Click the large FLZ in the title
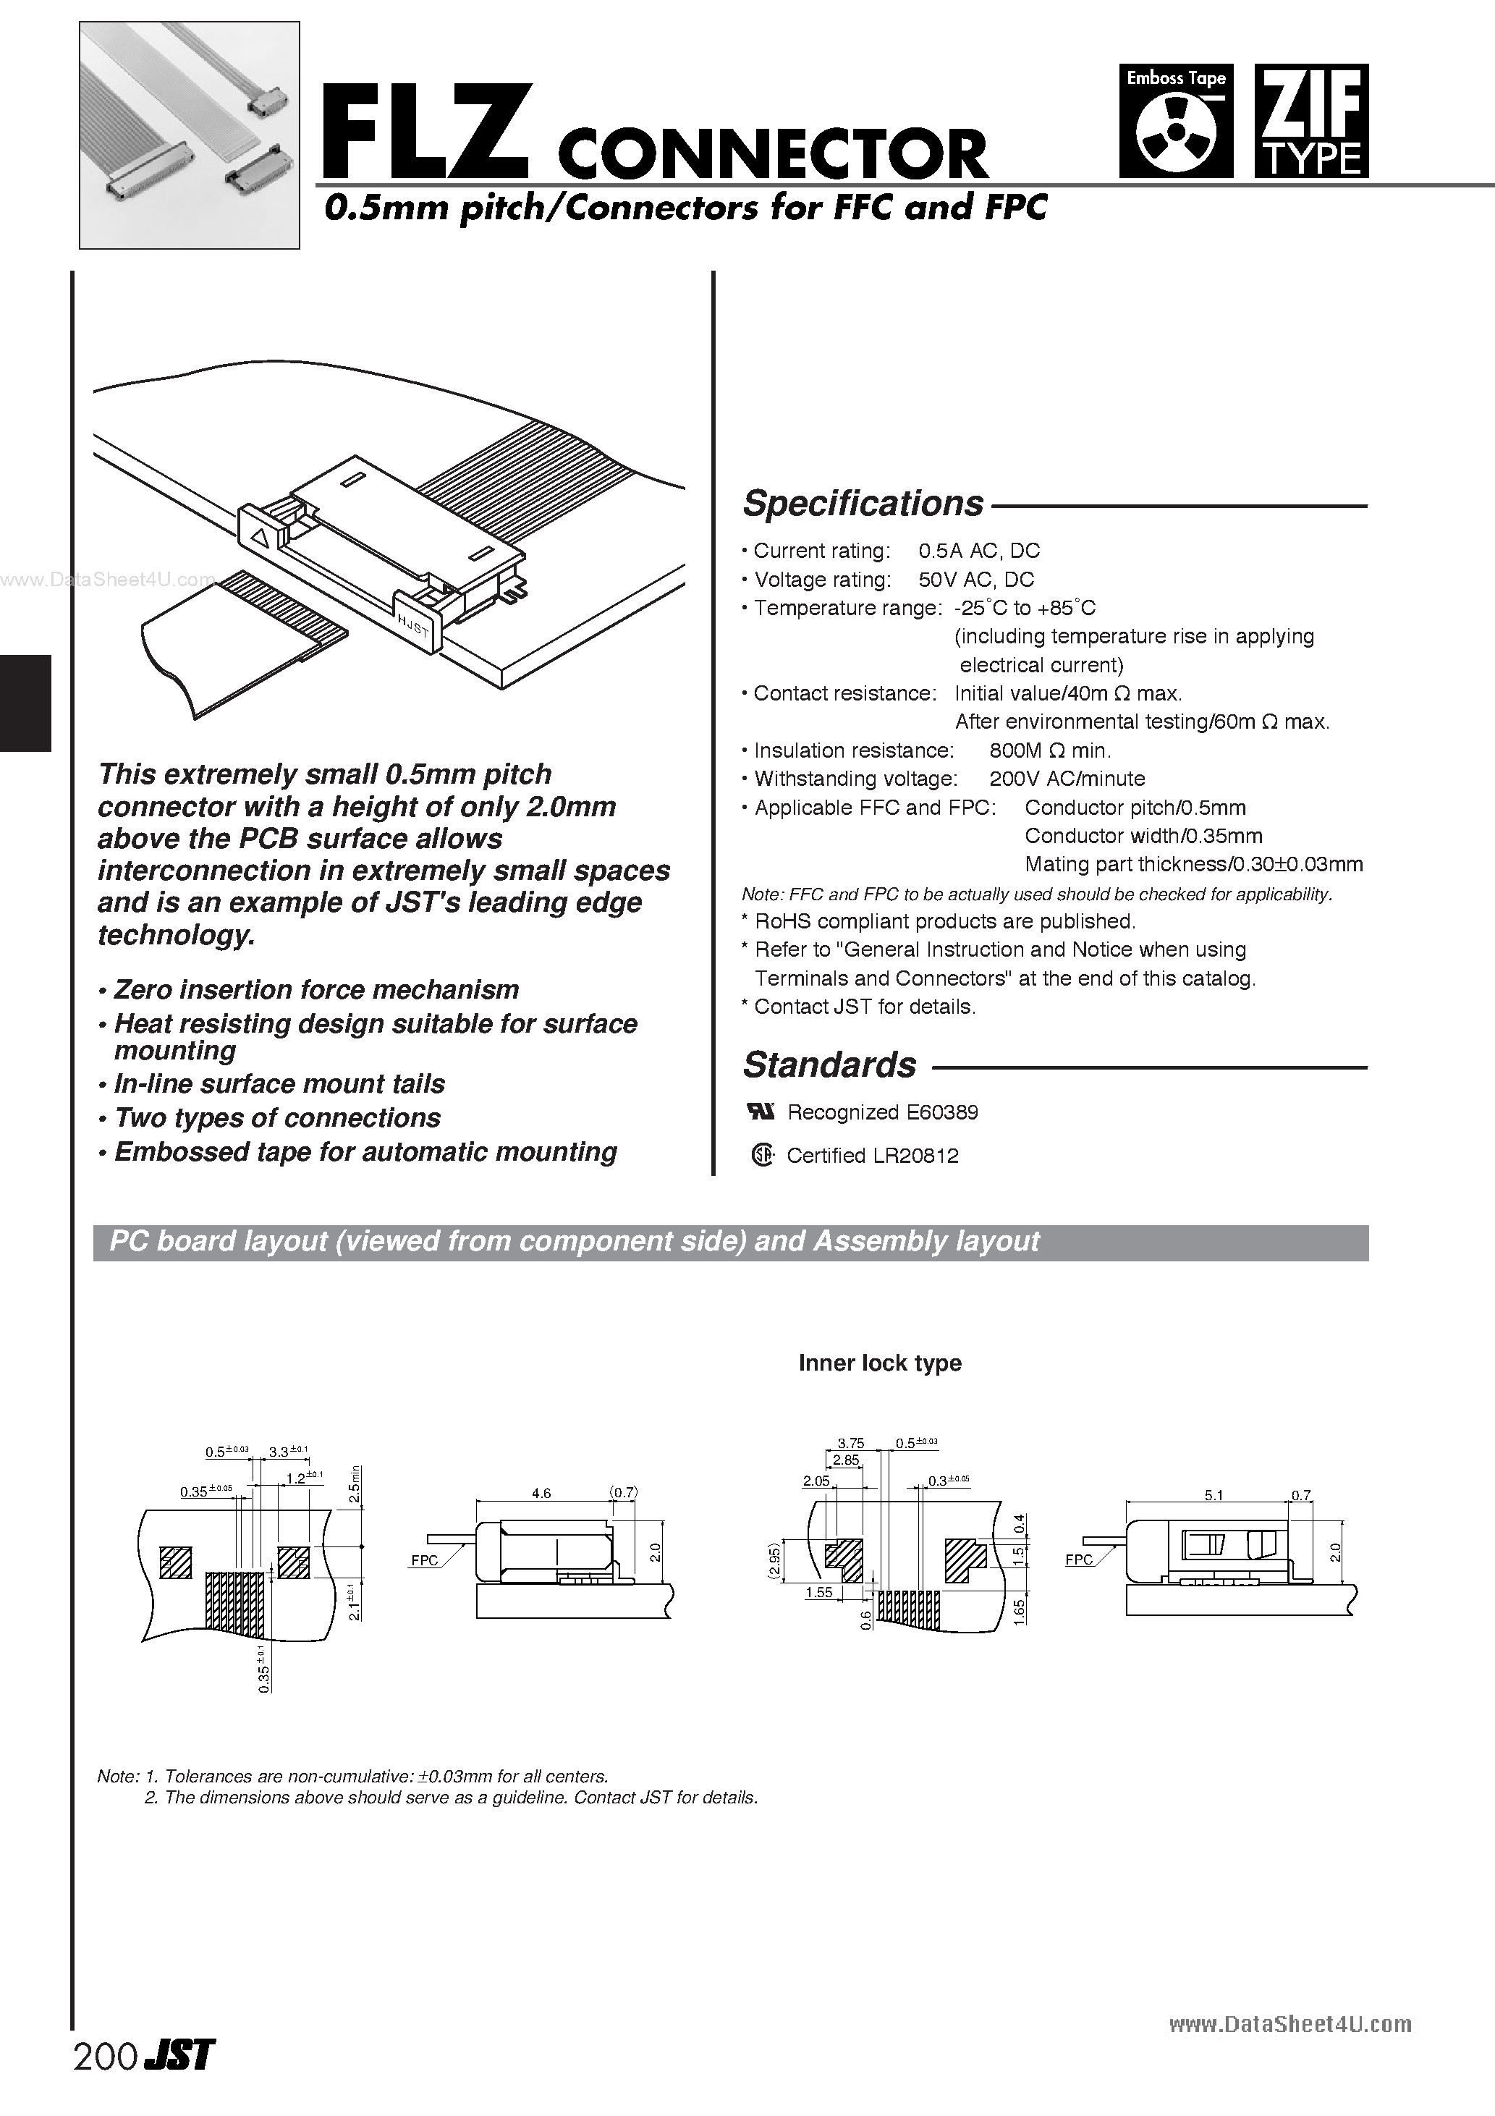[x=425, y=132]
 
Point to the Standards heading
[x=829, y=1065]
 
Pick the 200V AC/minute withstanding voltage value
[x=1067, y=779]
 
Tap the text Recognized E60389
[x=882, y=1112]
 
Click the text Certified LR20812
[x=872, y=1156]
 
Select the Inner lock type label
[x=879, y=1363]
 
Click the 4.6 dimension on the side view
[x=541, y=1493]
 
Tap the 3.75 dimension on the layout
[x=851, y=1443]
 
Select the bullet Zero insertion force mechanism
[x=315, y=990]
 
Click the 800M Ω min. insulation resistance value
[x=1050, y=750]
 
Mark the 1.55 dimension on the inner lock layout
[x=818, y=1593]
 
